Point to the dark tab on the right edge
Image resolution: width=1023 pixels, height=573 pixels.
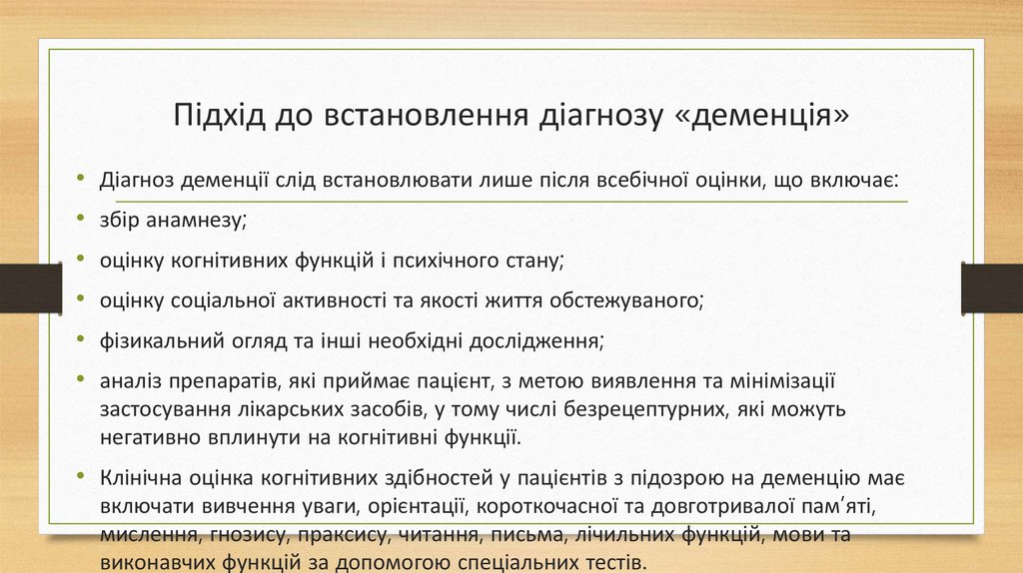992,287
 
